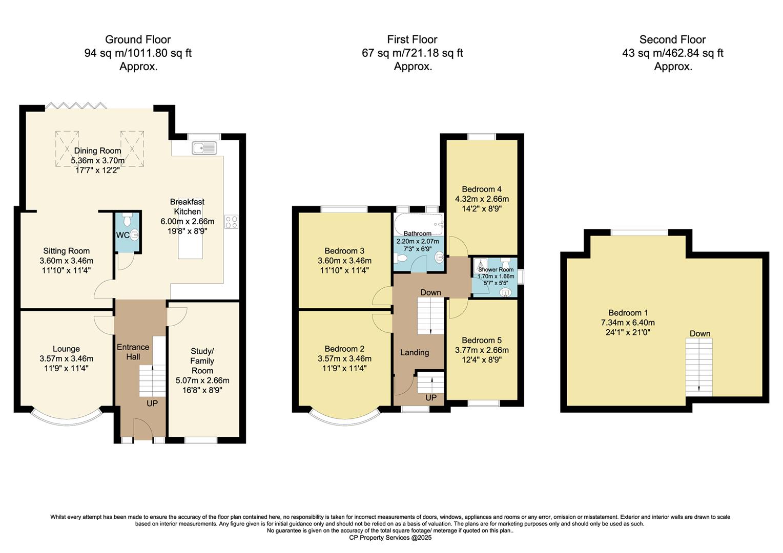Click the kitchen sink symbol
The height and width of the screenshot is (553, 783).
204,148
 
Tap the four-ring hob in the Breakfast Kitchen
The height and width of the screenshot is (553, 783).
231,222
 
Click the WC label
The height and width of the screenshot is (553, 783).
122,235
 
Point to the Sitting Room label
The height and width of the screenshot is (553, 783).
66,251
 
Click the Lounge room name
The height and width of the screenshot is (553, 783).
66,349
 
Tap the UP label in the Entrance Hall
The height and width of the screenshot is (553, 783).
152,403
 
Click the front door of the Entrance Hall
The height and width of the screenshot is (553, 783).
143,429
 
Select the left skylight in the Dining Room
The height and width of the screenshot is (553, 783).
67,148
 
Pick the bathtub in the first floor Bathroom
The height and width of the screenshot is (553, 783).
418,223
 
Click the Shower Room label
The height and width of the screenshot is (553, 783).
496,269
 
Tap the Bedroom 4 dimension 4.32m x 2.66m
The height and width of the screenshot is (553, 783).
482,199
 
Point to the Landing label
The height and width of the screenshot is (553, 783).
414,352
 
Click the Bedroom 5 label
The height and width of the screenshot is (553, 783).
482,341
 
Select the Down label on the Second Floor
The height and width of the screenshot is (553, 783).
699,333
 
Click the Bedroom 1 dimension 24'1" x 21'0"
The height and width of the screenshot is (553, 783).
628,332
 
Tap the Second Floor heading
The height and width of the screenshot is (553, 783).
672,39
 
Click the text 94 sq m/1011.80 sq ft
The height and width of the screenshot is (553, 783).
138,53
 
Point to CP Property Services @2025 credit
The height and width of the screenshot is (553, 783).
390,538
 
